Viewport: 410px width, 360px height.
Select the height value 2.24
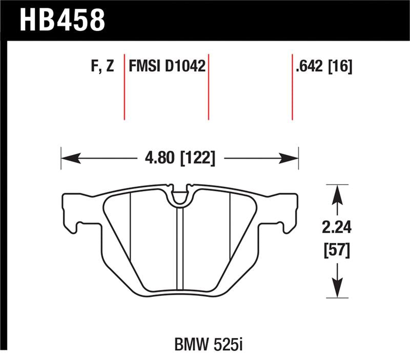(336, 227)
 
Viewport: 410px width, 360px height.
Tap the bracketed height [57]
(336, 251)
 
